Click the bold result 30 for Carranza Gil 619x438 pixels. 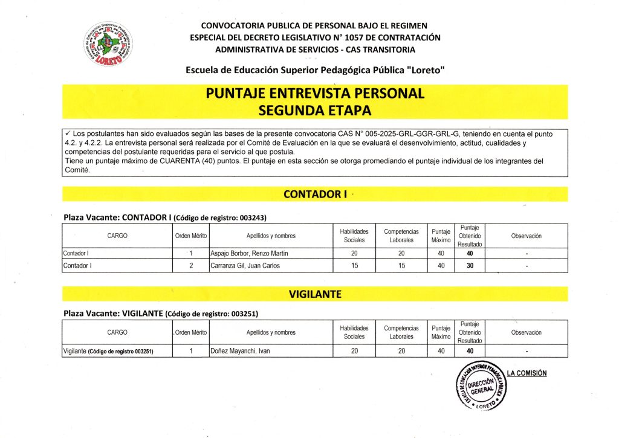(469, 266)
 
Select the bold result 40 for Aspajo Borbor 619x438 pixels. (469, 253)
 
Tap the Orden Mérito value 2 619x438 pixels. (191, 266)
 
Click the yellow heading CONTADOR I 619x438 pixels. (314, 194)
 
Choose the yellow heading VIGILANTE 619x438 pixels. (314, 294)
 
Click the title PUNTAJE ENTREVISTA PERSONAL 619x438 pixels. (314, 94)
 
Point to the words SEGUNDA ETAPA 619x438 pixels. (314, 111)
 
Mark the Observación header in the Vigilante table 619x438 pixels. (526, 332)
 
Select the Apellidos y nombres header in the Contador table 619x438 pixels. (271, 236)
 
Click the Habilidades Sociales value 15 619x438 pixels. (354, 266)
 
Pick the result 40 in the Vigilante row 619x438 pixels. (469, 351)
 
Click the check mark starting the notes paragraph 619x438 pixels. (67, 132)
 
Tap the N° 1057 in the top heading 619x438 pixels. (343, 37)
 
